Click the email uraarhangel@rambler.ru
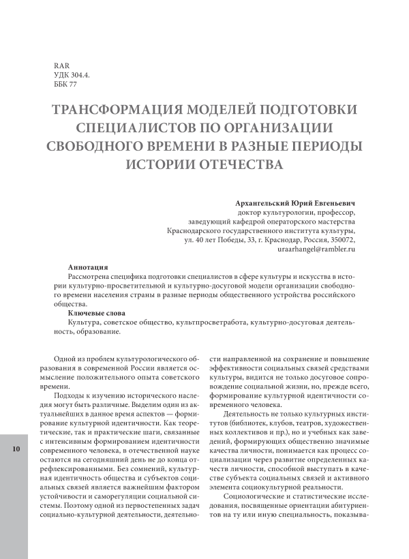point(317,250)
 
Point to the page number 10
point(15,449)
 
